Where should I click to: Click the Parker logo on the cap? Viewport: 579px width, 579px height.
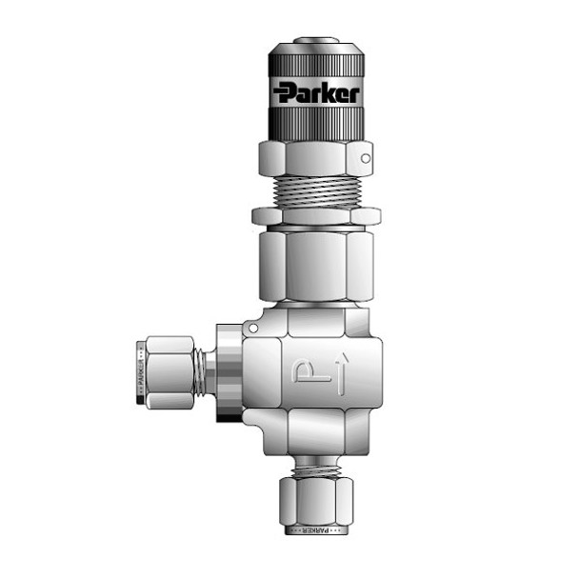point(316,93)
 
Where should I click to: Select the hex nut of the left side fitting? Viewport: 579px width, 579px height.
point(170,371)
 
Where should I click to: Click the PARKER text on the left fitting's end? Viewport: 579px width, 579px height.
point(142,372)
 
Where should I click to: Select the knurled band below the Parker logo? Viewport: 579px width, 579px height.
point(316,121)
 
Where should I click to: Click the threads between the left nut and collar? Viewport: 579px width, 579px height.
point(202,371)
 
